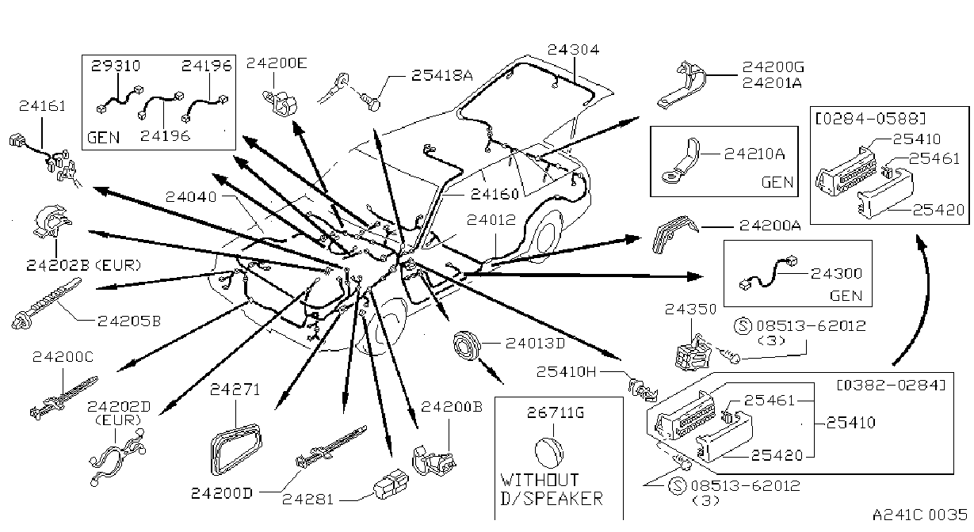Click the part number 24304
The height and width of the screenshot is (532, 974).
573,50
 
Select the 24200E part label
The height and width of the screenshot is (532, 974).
277,63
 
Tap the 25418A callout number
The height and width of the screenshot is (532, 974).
441,75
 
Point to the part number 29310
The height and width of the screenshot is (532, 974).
116,66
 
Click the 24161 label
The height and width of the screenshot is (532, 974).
42,106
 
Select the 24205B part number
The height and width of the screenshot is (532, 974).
129,321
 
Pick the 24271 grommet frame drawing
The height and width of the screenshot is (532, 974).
235,450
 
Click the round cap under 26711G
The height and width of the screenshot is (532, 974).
549,453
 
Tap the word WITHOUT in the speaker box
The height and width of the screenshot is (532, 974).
539,481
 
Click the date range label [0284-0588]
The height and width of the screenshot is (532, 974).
870,118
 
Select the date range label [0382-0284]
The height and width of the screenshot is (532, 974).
892,386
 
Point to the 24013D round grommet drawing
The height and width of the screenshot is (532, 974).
467,346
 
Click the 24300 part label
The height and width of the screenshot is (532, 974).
836,274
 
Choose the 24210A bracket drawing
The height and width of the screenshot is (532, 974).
681,161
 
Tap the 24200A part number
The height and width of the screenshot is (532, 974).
770,226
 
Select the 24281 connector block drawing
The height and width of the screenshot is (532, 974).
392,484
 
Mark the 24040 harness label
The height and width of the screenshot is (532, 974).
191,197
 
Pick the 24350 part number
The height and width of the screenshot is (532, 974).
690,310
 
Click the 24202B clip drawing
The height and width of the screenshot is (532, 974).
52,222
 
